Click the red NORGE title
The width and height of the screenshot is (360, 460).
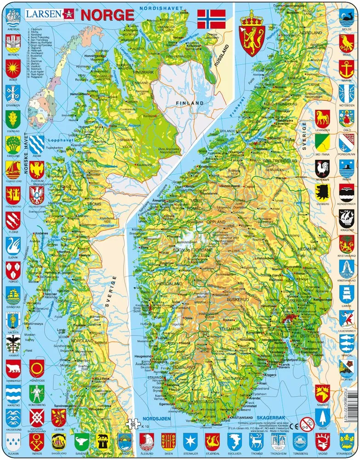point(108,14)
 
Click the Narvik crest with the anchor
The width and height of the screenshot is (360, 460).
point(346,68)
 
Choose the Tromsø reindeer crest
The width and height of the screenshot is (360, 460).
point(256,441)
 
